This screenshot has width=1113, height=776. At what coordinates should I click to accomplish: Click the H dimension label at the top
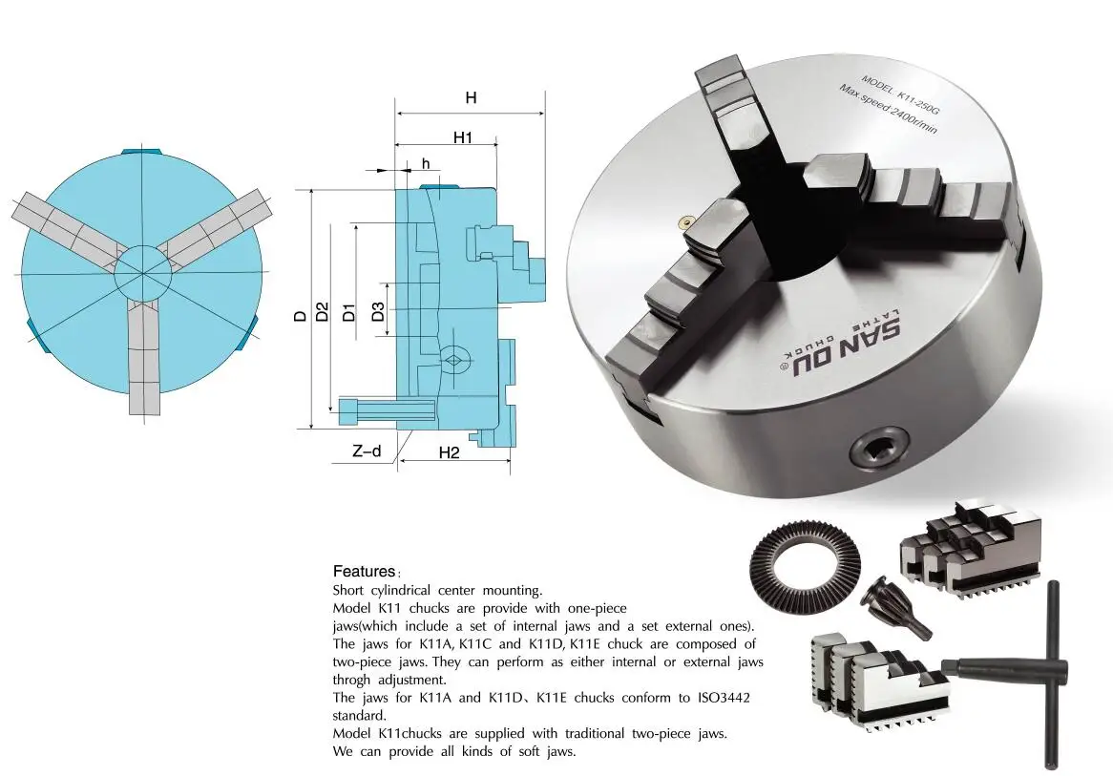471,97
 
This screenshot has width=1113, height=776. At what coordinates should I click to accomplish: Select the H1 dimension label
463,137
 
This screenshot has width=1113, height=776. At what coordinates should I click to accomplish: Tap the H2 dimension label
449,453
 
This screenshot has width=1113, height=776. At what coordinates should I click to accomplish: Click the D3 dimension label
378,310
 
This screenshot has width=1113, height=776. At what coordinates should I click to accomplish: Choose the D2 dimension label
323,311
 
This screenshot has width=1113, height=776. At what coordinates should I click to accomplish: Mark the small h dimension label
426,164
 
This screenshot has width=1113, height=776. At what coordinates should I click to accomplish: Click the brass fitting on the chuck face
682,221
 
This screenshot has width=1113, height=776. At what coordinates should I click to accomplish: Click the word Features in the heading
363,572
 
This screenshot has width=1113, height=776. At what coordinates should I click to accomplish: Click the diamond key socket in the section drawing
455,359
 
